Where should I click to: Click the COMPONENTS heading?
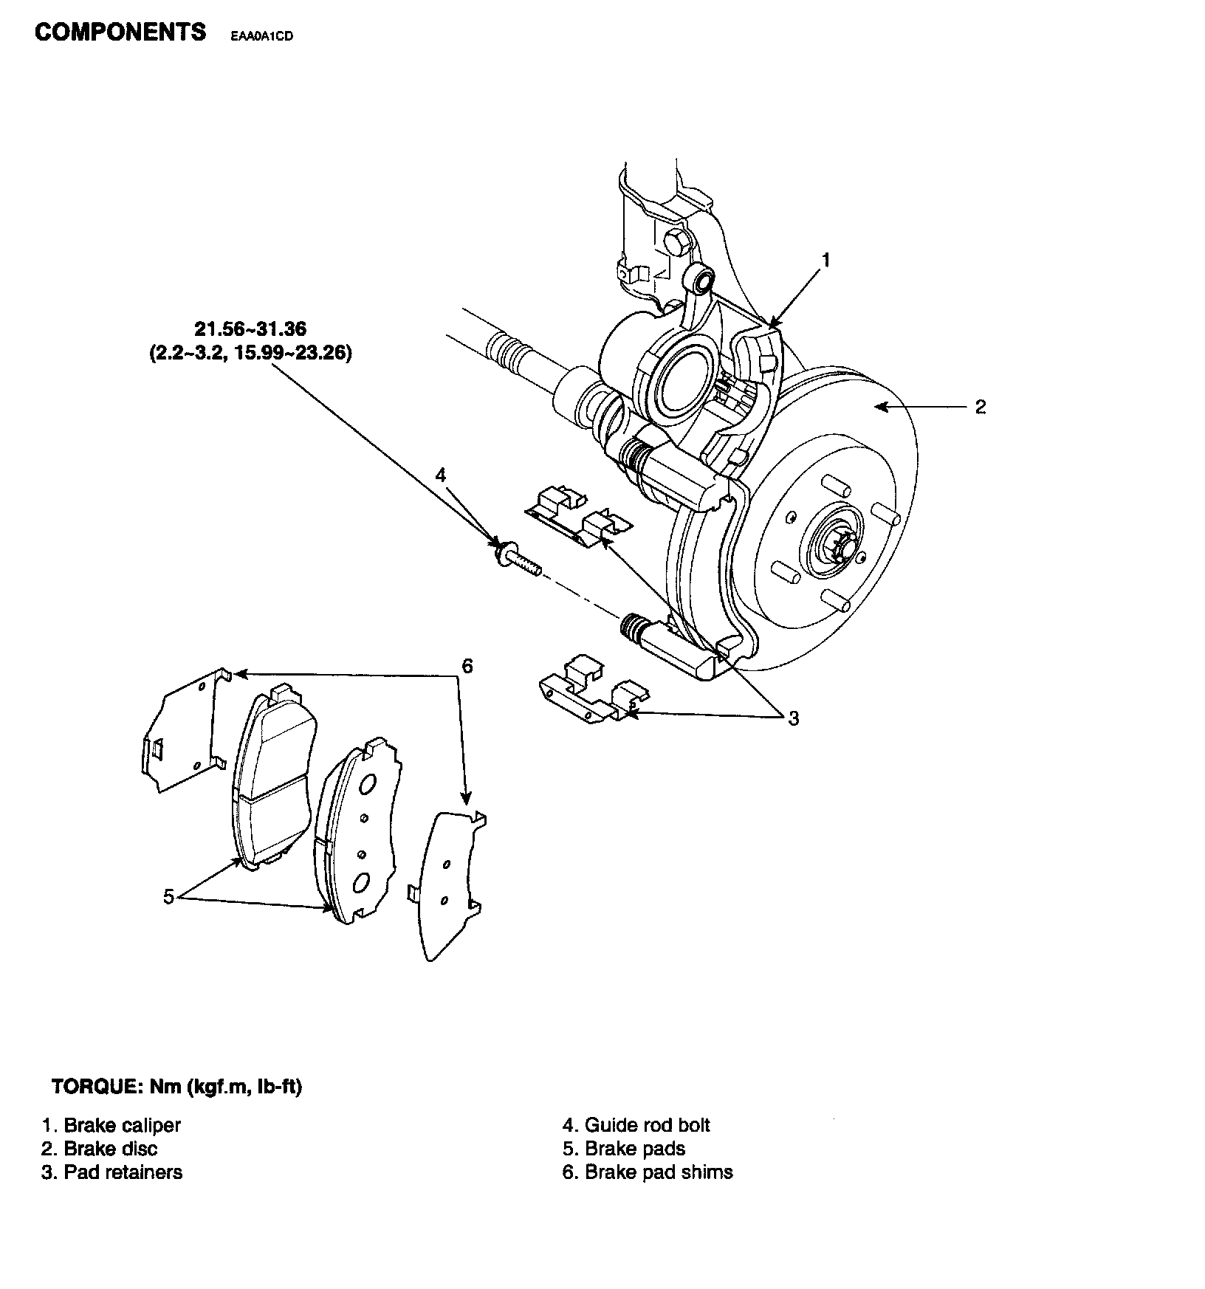click(x=120, y=32)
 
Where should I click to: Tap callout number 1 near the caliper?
click(x=826, y=260)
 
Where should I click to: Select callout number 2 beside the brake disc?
click(x=980, y=407)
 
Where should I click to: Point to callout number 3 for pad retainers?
click(x=793, y=718)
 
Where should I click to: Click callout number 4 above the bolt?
click(x=441, y=475)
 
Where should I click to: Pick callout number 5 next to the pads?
click(x=168, y=897)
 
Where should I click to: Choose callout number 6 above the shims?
click(x=467, y=666)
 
